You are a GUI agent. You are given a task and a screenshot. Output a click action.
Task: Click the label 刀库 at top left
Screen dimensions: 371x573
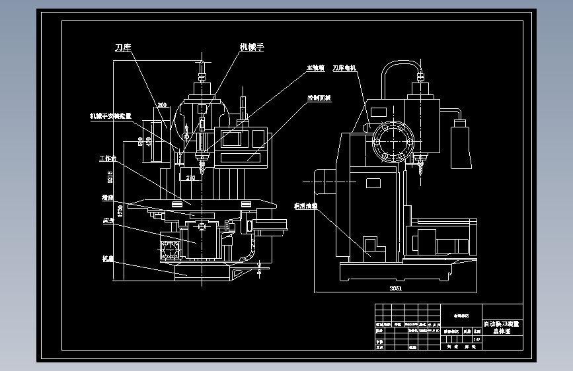(124, 48)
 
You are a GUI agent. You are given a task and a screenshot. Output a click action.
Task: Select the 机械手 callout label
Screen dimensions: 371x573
(252, 47)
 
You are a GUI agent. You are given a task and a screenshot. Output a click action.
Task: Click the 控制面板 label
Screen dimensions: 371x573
(319, 98)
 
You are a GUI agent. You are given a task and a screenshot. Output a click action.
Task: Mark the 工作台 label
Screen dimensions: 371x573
(108, 158)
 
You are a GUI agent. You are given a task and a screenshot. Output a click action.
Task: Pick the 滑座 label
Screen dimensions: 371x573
(108, 197)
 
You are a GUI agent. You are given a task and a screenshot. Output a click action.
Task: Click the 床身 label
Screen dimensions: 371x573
(109, 220)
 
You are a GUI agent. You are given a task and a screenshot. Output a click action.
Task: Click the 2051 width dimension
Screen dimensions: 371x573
(395, 288)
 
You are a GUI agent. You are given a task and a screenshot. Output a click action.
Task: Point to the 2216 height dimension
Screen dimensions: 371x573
(110, 176)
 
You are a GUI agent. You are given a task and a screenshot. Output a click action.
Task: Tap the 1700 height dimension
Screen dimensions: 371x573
(120, 211)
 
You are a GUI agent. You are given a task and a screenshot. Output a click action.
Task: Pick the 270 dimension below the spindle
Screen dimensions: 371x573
(190, 178)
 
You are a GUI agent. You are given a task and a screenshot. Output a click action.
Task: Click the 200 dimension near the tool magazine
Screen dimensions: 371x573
(162, 105)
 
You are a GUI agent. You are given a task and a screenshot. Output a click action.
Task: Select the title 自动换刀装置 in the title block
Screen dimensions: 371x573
(502, 324)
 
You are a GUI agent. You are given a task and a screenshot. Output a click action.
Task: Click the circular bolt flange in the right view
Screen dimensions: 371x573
(393, 143)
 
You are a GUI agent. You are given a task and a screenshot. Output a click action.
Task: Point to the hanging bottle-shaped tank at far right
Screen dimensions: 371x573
(461, 146)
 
